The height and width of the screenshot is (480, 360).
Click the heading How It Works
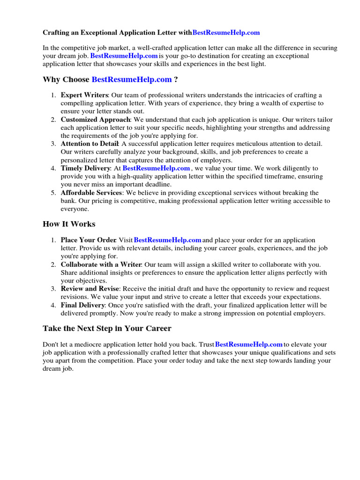(x=69, y=224)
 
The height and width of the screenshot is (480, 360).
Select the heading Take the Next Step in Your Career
(x=107, y=328)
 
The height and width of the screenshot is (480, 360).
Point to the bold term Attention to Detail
(x=90, y=144)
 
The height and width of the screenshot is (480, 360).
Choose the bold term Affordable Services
(x=91, y=193)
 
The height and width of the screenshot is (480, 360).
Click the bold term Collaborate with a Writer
(x=101, y=265)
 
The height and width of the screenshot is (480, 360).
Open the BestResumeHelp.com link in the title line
(x=226, y=33)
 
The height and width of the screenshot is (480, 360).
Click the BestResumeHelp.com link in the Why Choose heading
(x=132, y=80)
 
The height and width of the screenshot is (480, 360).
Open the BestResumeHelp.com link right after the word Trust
(x=249, y=345)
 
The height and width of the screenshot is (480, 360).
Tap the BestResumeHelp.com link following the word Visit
(x=168, y=240)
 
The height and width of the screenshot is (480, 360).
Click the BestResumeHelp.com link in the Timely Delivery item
(x=156, y=168)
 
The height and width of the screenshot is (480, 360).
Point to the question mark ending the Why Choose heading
(x=176, y=80)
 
